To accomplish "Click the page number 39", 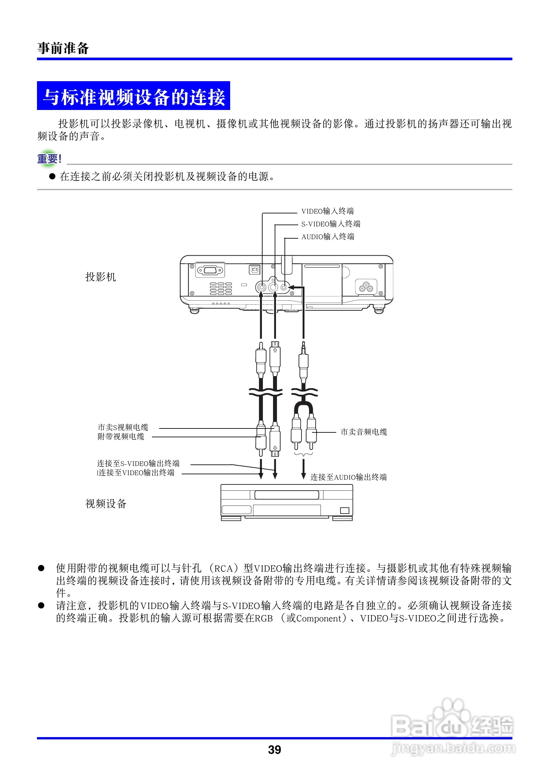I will pos(274,750).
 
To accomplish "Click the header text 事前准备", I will pos(63,48).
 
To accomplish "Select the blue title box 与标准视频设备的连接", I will pos(133,96).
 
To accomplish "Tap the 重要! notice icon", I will pos(49,158).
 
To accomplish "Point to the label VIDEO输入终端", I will pos(327,211).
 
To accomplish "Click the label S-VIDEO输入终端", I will pos(330,224).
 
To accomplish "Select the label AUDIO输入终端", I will pos(327,237).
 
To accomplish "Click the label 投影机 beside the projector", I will pos(101,277).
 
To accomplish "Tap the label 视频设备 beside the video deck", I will pos(105,504).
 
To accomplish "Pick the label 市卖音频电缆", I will pos(363,432).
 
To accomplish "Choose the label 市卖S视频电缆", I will pos(123,427).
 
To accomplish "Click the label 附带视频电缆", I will pos(121,437).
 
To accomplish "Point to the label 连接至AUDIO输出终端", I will pos(348,477).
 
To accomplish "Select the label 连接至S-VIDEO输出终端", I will pos(138,463).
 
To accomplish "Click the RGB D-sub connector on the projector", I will pos(211,270).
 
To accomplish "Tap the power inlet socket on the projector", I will pos(366,287).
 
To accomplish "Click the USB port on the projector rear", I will pos(254,269).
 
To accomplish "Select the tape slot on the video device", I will pos(287,495).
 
